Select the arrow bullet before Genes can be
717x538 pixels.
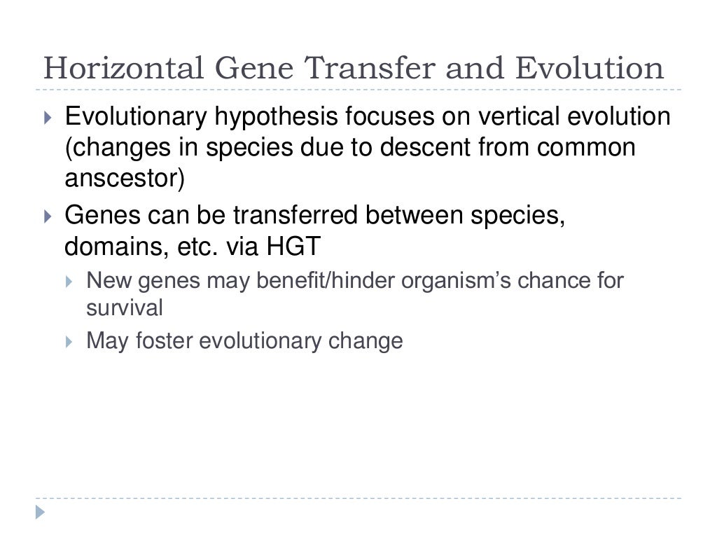(48, 217)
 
